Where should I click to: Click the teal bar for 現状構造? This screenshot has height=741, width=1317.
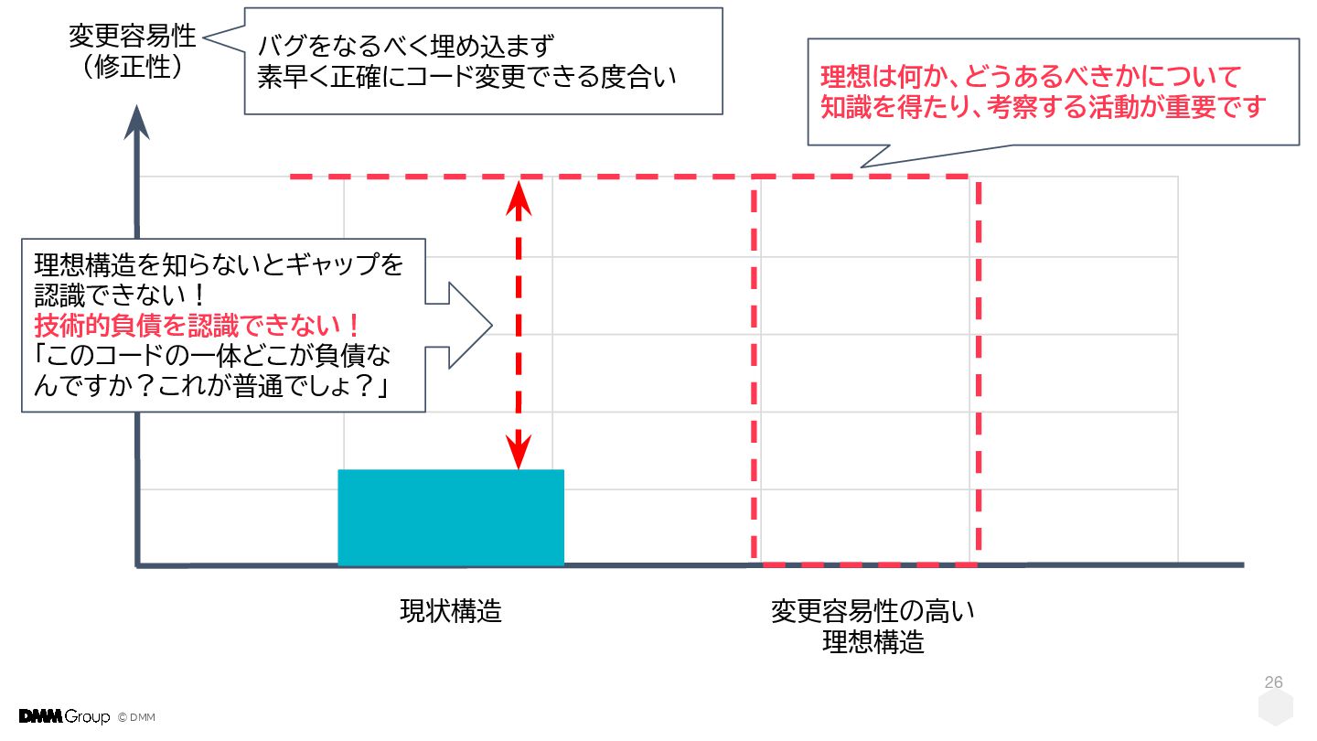[x=451, y=518]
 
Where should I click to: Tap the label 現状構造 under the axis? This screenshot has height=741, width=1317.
[x=451, y=611]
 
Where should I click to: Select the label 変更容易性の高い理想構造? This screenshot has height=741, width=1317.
[x=873, y=626]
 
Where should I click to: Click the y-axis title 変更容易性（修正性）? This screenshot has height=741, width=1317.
[x=133, y=51]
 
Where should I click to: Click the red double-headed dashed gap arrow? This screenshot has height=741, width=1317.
[x=519, y=325]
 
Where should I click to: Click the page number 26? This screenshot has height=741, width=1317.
[x=1273, y=682]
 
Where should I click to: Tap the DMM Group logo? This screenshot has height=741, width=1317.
[x=64, y=716]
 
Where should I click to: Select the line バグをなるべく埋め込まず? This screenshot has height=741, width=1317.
[x=407, y=45]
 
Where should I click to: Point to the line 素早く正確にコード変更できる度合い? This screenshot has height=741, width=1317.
[x=466, y=77]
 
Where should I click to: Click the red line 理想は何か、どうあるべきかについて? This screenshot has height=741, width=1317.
[x=1030, y=76]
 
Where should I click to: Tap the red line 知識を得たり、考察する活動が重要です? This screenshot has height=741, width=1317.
[x=1042, y=108]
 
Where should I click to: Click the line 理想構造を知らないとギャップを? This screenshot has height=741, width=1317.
[x=219, y=265]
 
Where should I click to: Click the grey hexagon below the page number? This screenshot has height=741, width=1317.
[x=1275, y=710]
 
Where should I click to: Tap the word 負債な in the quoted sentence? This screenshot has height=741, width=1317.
[x=372, y=357]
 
